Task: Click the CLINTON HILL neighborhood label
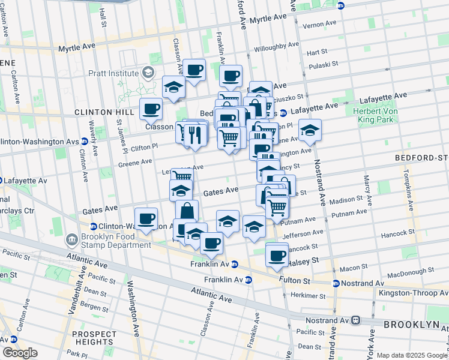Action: (101, 112)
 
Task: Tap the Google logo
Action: (19, 353)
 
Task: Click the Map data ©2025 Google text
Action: (411, 355)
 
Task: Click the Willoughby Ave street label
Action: (276, 46)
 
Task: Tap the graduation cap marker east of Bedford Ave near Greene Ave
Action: (309, 130)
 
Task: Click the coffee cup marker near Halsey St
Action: (277, 254)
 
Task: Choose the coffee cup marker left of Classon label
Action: (151, 109)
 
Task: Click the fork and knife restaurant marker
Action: (193, 135)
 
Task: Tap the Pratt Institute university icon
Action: (148, 73)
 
